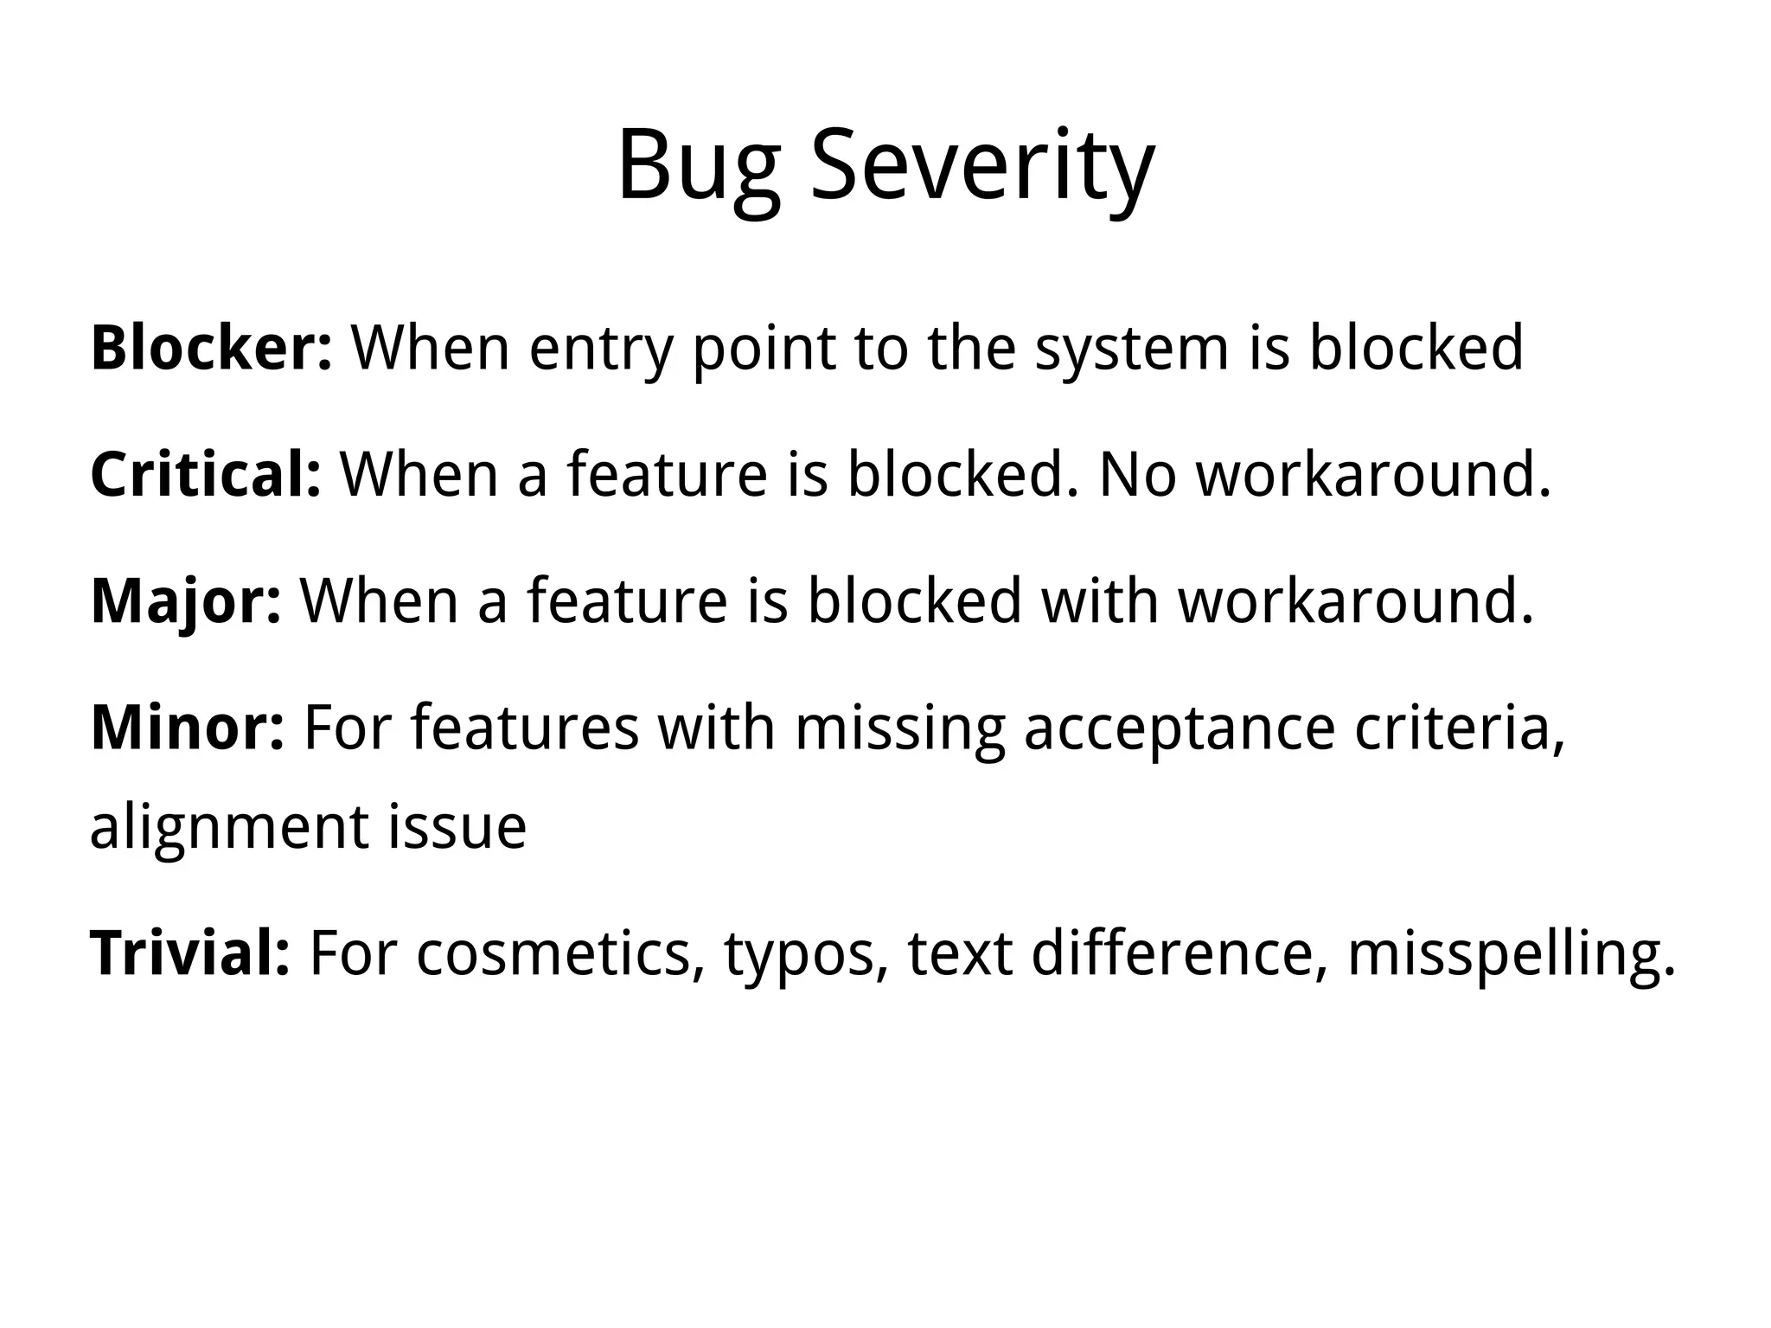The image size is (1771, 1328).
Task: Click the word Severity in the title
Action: point(981,166)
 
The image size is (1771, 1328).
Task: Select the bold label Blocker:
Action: point(211,348)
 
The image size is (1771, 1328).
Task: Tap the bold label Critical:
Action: point(206,475)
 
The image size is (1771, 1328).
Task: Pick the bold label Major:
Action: point(186,601)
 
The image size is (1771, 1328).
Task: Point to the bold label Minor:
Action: point(187,728)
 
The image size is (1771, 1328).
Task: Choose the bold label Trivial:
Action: point(190,953)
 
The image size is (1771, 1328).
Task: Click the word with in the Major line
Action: point(1099,601)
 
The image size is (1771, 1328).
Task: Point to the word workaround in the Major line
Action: point(1355,601)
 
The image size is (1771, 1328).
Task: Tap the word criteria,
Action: point(1460,728)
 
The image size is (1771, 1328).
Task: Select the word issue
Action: point(457,826)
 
